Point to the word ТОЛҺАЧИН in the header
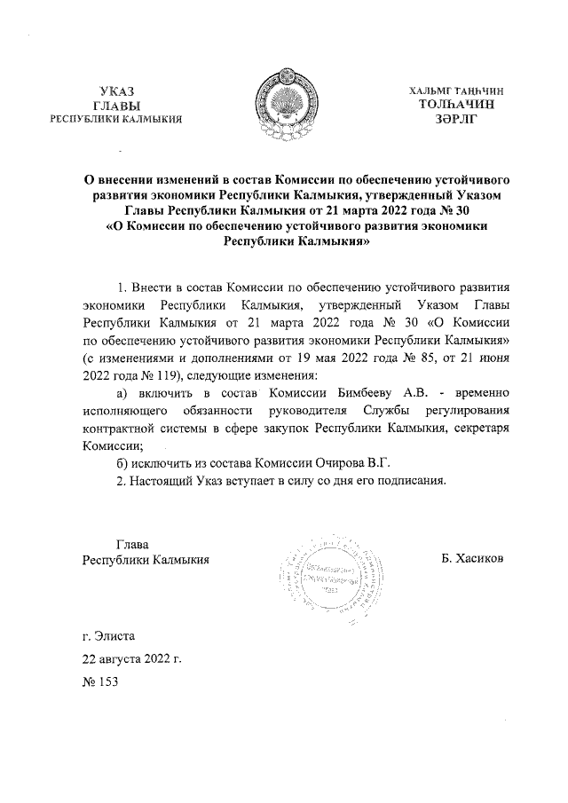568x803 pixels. coord(455,104)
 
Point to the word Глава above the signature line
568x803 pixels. coord(133,544)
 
